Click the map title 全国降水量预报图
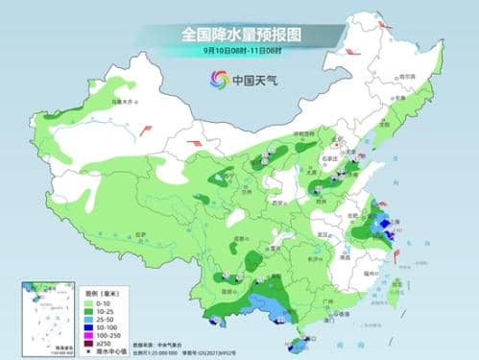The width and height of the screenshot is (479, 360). (x=239, y=34)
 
